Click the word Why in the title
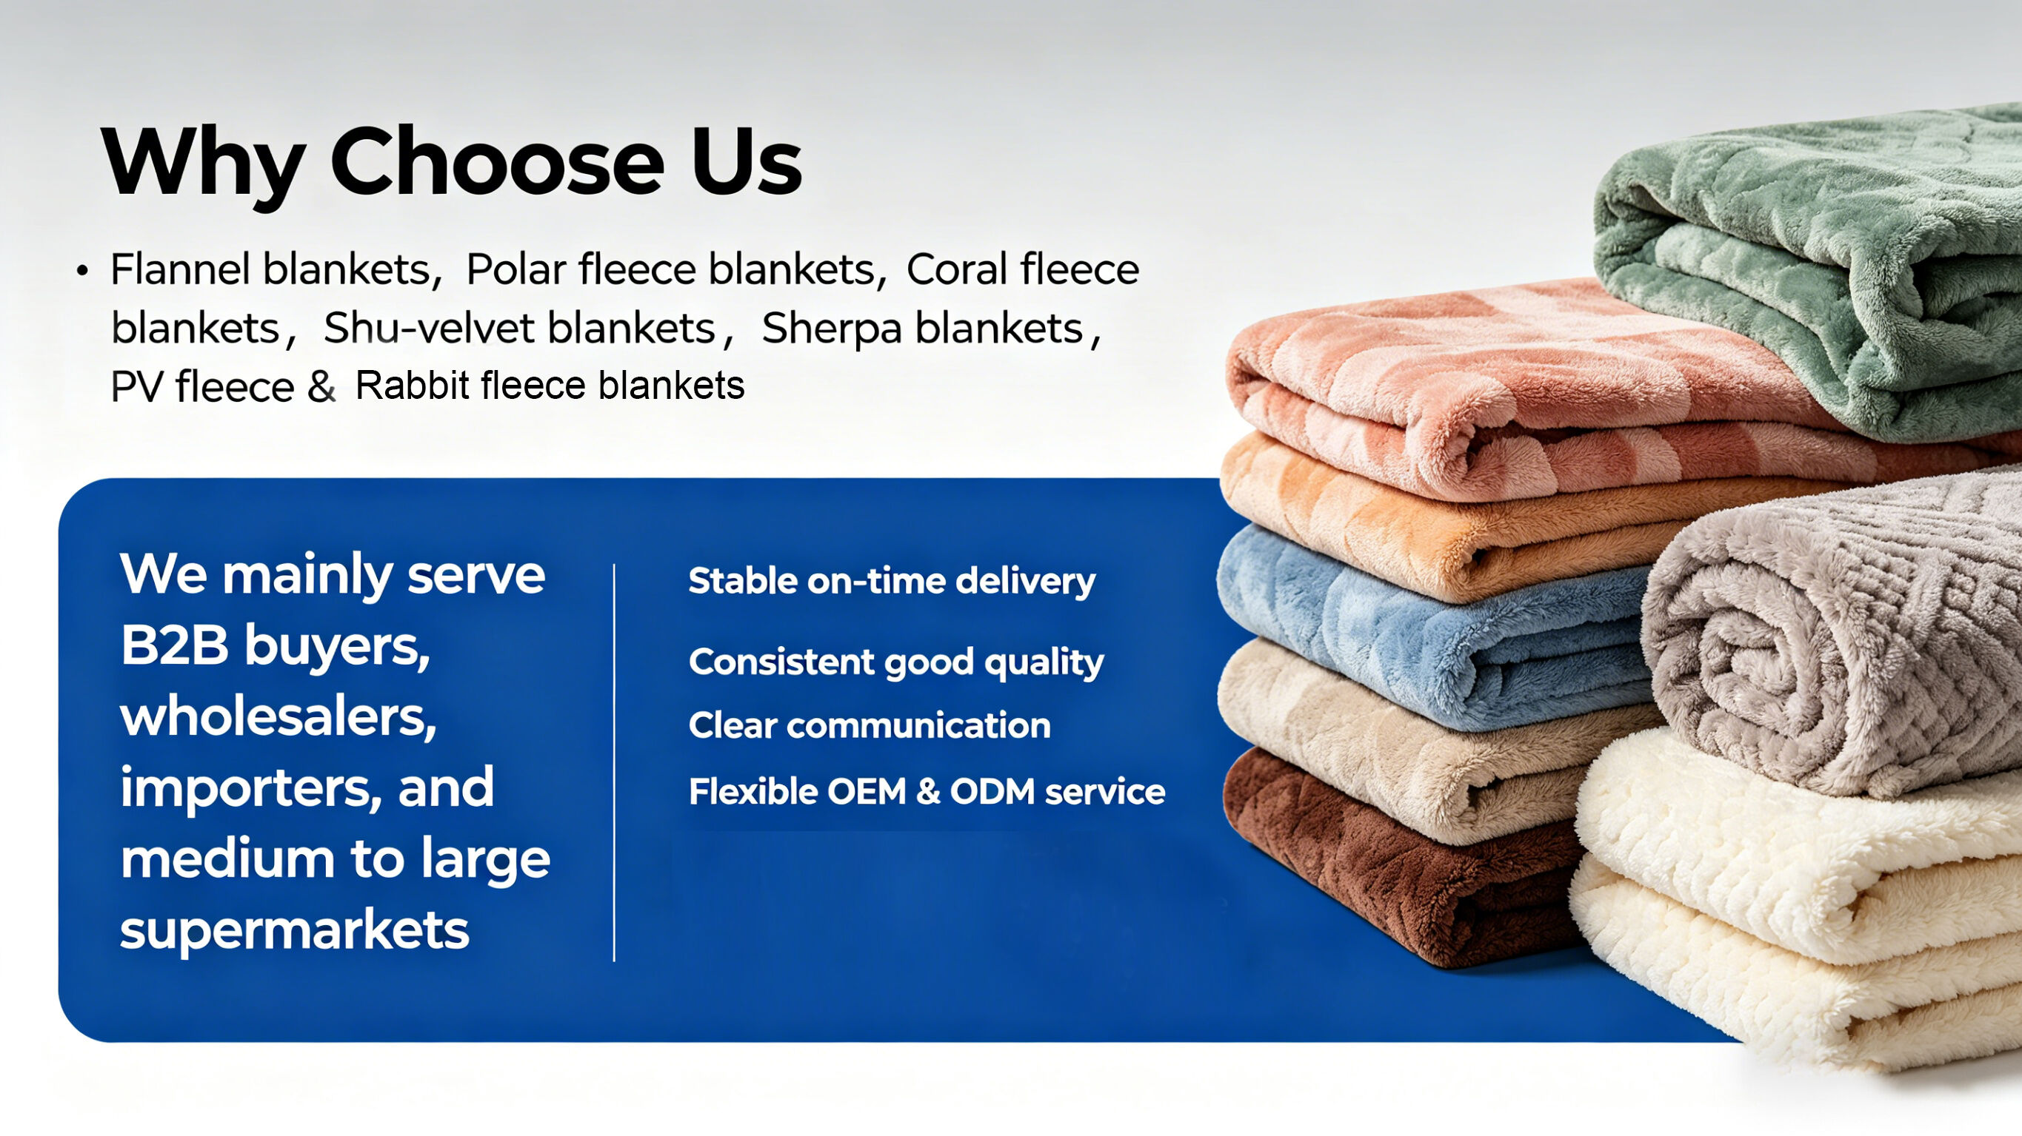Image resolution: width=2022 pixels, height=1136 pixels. (x=203, y=162)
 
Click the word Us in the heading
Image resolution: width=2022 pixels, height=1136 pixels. (x=747, y=161)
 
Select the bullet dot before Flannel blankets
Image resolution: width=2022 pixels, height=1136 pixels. (x=82, y=272)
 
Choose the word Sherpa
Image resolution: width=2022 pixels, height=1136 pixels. (x=831, y=329)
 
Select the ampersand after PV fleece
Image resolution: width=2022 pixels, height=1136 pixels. (x=321, y=387)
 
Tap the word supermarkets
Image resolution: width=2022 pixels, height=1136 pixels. (x=294, y=932)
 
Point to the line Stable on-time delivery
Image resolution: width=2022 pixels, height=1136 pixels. (x=892, y=582)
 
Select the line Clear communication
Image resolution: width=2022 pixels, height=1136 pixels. (x=870, y=725)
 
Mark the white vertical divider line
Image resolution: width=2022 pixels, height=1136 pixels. (x=614, y=762)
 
